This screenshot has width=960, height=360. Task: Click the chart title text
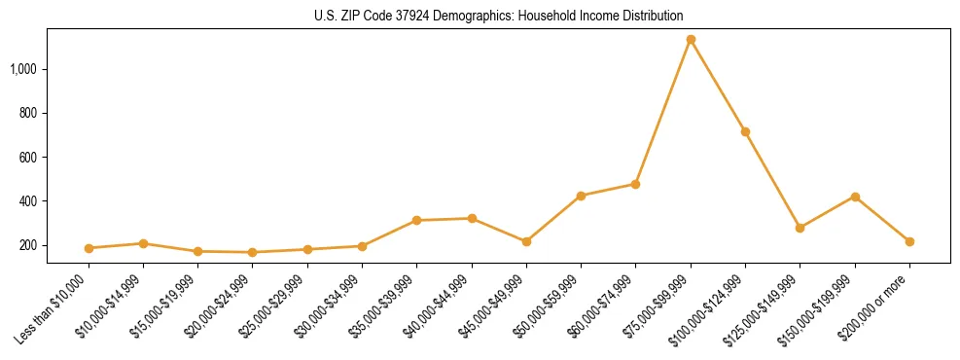(x=499, y=17)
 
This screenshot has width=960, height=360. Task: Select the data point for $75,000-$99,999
(x=691, y=40)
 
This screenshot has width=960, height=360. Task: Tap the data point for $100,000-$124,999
(x=745, y=131)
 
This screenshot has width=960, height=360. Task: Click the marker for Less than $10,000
(x=89, y=248)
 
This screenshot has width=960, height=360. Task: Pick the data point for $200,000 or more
(x=909, y=241)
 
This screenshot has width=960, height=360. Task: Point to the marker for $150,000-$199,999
(x=855, y=197)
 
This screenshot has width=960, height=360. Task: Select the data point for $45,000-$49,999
(x=526, y=241)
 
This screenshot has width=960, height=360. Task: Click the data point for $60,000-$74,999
(x=635, y=184)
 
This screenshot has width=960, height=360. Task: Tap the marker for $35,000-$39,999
(x=416, y=221)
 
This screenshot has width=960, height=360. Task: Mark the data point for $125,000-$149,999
(x=800, y=228)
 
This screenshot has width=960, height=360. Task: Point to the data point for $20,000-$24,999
(x=252, y=252)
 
